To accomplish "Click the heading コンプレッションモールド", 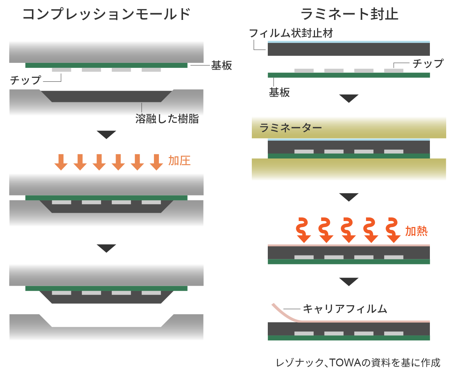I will pos(106,14).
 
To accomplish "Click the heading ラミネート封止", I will pos(349,14).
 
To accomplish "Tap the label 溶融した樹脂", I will pos(167,119).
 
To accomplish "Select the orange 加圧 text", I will pos(179,161).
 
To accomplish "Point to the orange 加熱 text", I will pos(416,231).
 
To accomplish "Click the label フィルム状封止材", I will pos(291,33).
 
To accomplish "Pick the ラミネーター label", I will pos(290,128).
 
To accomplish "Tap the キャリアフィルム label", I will pos(345,309).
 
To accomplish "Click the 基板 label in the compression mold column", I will pos(221,65).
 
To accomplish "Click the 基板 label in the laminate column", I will pos(279,92).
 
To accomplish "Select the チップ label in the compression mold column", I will pos(26,80).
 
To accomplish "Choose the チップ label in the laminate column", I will pos(428,64).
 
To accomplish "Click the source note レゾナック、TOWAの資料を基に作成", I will pos(358,362).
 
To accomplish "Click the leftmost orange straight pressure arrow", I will pos(61,162).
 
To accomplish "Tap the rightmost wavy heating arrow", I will pos(393,230).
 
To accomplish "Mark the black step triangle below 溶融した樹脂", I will pos(106,135).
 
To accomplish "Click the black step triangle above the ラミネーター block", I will pos(349,98).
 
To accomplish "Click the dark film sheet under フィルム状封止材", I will pos(349,49).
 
